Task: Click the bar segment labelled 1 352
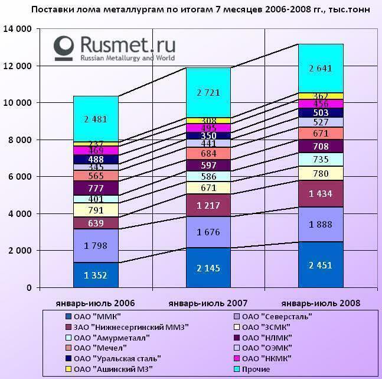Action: pos(96,274)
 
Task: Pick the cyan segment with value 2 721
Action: pos(209,93)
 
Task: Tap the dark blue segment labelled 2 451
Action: pos(321,265)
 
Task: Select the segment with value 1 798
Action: pos(96,245)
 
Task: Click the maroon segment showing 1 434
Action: pos(321,193)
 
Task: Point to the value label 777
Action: pos(96,188)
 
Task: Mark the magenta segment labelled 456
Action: pos(321,104)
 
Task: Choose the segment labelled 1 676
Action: pos(209,232)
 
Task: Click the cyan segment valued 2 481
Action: pos(96,119)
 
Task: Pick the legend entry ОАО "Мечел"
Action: pos(100,348)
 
